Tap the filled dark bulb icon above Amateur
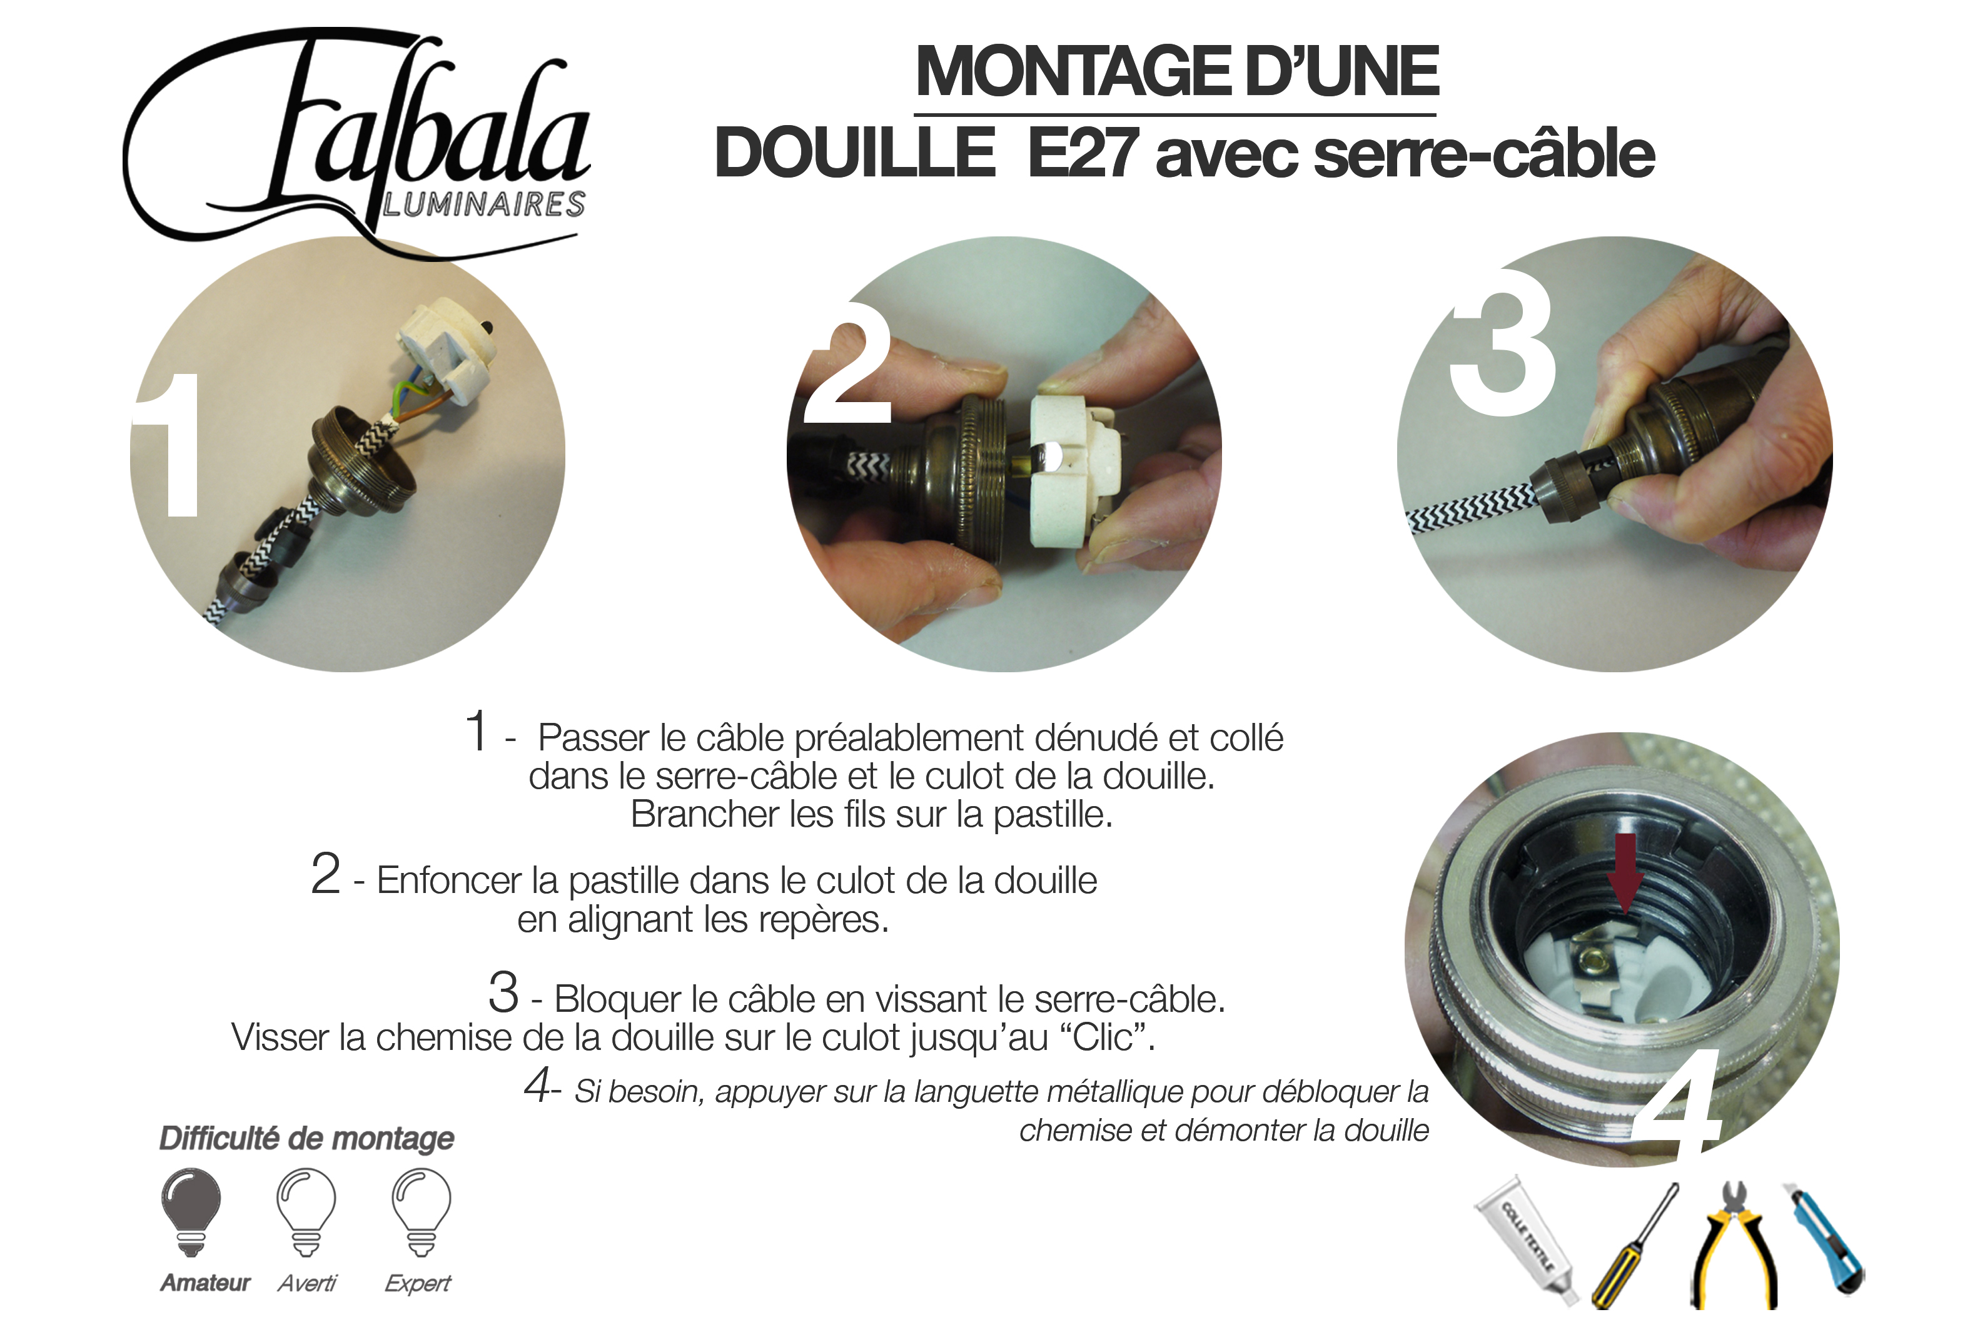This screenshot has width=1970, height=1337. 191,1213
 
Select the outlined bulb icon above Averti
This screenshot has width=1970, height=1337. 306,1213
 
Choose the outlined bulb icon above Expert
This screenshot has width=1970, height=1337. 422,1213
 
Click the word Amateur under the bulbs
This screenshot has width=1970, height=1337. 205,1283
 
